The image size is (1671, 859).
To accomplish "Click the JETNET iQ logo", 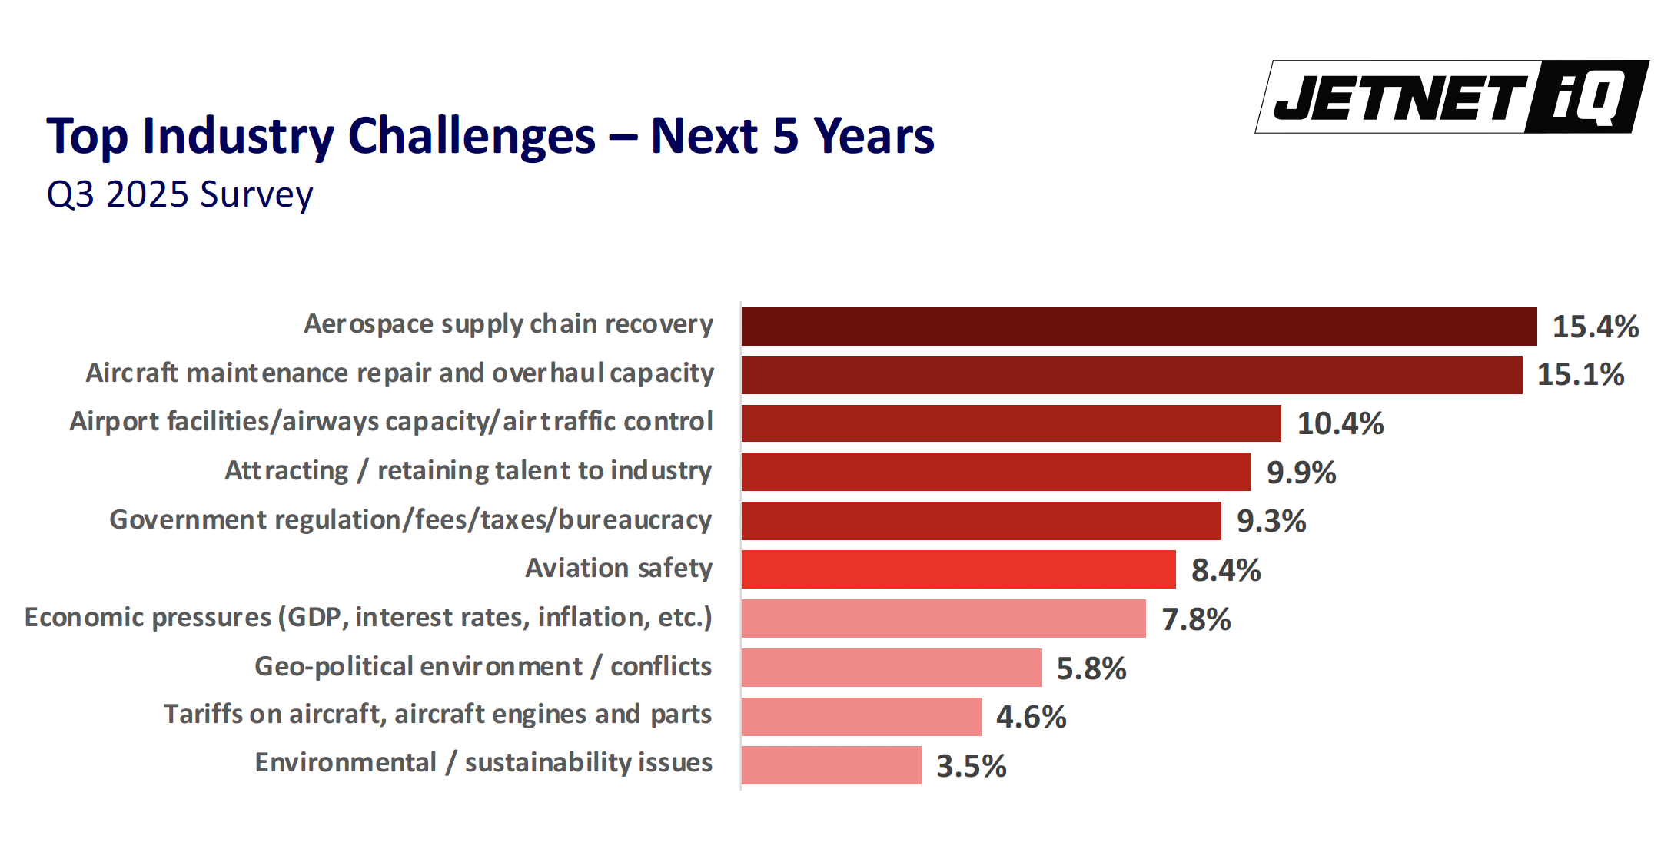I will pyautogui.click(x=1451, y=98).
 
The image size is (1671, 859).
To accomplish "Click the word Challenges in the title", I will pyautogui.click(x=471, y=136).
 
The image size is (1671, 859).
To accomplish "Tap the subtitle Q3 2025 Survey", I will pyautogui.click(x=180, y=194).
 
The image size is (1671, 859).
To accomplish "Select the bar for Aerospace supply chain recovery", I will pyautogui.click(x=1138, y=327).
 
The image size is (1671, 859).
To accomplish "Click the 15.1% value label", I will pyautogui.click(x=1580, y=375).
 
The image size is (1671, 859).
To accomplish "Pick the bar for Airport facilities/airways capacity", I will pyautogui.click(x=1011, y=423).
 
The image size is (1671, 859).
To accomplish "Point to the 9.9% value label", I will pyautogui.click(x=1301, y=473).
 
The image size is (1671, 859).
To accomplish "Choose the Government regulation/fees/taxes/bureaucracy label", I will pyautogui.click(x=410, y=520).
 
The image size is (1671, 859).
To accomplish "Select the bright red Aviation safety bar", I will pyautogui.click(x=958, y=569).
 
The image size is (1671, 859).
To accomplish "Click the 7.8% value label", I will pyautogui.click(x=1196, y=619).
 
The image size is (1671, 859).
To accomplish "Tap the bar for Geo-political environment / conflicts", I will pyautogui.click(x=892, y=668).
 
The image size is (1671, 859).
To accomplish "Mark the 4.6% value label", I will pyautogui.click(x=1031, y=717).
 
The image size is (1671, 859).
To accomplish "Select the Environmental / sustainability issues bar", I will pyautogui.click(x=831, y=765).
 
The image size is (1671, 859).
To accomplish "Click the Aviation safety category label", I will pyautogui.click(x=619, y=569).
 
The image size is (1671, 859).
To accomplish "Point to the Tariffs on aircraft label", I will pyautogui.click(x=437, y=715).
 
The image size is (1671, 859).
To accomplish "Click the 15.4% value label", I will pyautogui.click(x=1596, y=327).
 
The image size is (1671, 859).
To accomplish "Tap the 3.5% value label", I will pyautogui.click(x=971, y=766).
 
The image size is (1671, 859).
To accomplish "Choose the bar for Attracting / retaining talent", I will pyautogui.click(x=996, y=472).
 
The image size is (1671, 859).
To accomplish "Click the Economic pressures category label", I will pyautogui.click(x=368, y=618).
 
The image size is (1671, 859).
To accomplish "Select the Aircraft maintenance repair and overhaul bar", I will pyautogui.click(x=1131, y=375).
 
